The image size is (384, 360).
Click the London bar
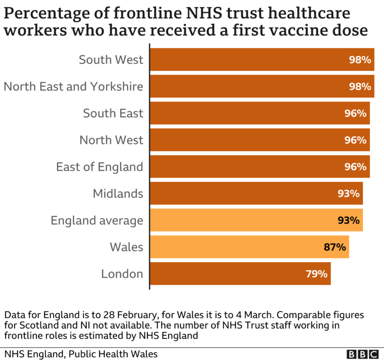[x=240, y=274]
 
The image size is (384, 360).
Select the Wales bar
[x=249, y=247]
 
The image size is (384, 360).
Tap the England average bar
[x=256, y=220]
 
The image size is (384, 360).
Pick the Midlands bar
[x=256, y=193]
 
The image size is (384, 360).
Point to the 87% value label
[x=335, y=247]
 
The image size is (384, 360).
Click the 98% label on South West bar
[x=360, y=60]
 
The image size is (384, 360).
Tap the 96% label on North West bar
[x=356, y=140]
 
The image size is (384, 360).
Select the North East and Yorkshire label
[x=73, y=87]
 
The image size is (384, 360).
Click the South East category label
[x=113, y=113]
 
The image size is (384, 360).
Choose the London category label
[x=122, y=274]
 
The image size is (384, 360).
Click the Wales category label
[x=127, y=247]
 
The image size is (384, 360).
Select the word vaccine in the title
[x=288, y=30]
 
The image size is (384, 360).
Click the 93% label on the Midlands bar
[x=349, y=193]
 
